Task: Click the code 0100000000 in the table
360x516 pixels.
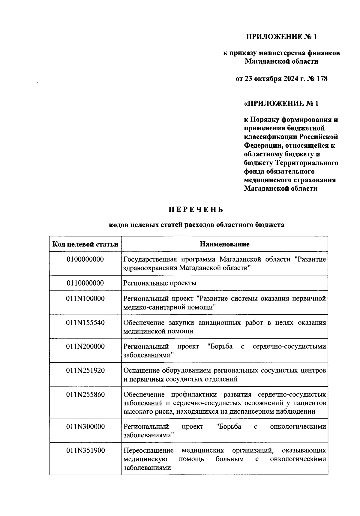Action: point(85,259)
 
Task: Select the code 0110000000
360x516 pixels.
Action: point(85,283)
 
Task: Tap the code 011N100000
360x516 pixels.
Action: point(85,299)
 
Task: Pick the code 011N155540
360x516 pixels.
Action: point(85,323)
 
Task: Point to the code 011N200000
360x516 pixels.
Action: point(85,346)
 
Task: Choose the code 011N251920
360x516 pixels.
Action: point(85,370)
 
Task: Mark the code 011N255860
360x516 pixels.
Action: point(85,394)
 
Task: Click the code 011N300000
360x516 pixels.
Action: point(85,427)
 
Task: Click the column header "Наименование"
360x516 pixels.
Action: point(224,244)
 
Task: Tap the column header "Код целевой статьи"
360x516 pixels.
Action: point(85,244)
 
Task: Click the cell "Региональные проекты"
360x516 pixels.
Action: point(160,283)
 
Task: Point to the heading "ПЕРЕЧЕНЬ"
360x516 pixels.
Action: point(196,210)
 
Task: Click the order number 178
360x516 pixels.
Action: point(321,79)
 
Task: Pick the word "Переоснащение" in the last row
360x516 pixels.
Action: point(148,451)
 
